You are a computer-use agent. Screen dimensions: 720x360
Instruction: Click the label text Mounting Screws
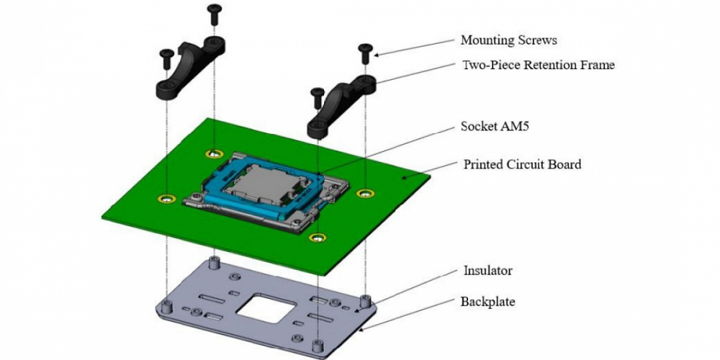click(x=509, y=40)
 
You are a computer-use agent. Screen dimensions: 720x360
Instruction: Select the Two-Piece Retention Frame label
click(x=538, y=66)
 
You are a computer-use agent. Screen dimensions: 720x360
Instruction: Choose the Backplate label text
click(x=488, y=302)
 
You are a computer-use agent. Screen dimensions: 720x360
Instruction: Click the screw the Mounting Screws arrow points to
click(x=366, y=53)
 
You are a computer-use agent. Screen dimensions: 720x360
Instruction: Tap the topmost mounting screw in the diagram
click(x=214, y=14)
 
